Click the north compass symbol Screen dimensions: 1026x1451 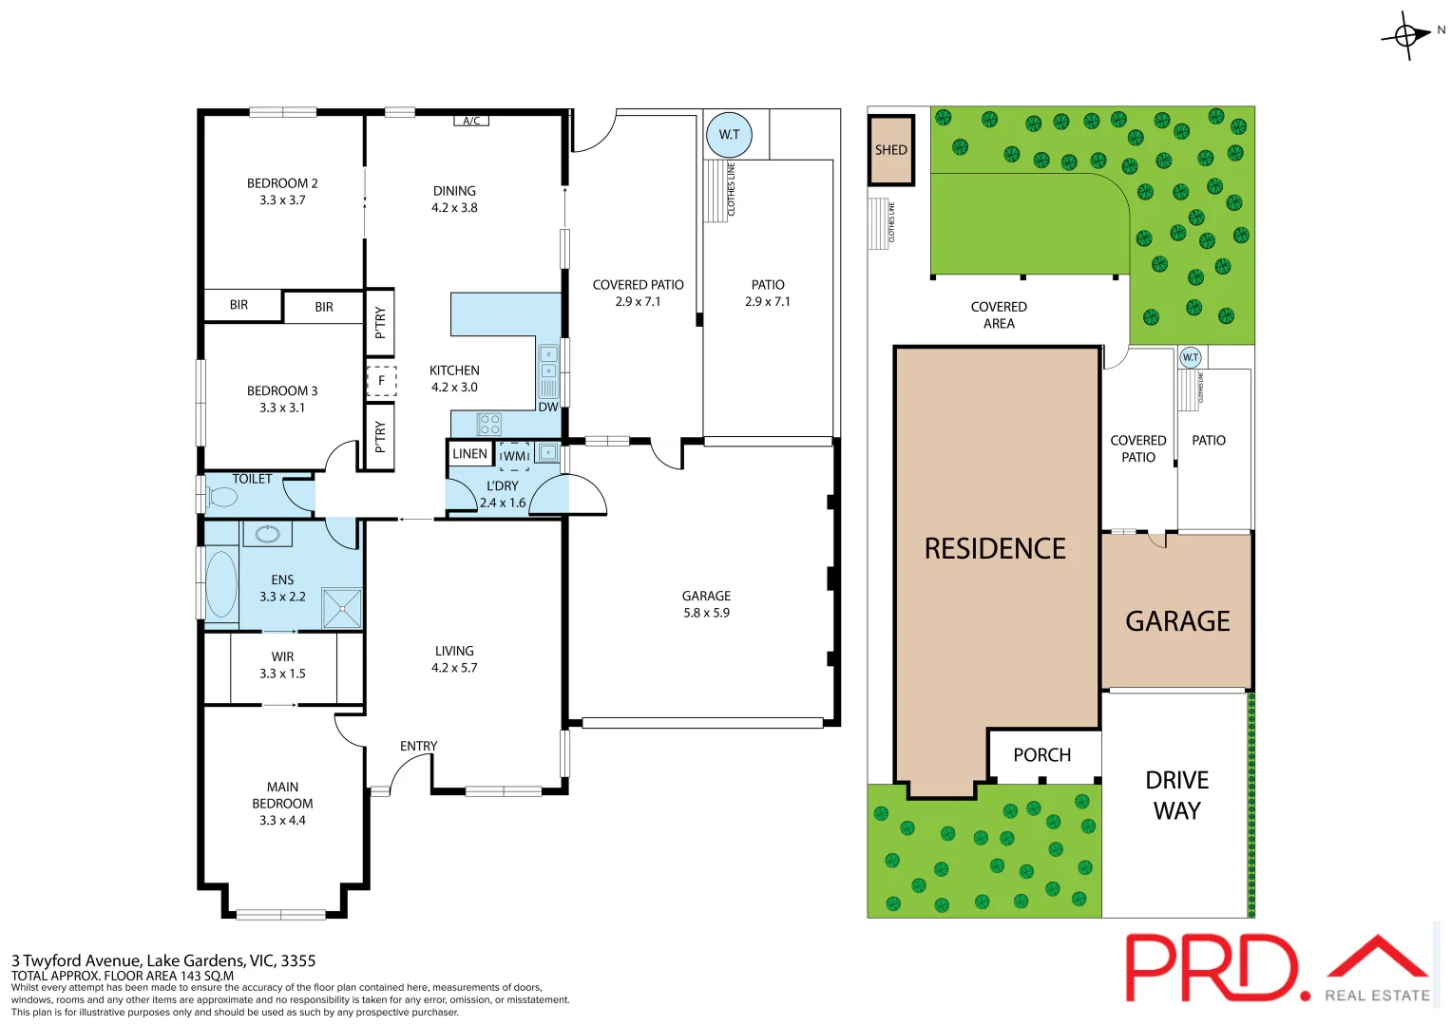pos(1407,35)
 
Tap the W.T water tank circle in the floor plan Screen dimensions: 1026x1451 pos(729,134)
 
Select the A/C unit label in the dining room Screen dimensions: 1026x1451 pos(471,121)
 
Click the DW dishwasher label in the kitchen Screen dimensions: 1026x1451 pos(548,407)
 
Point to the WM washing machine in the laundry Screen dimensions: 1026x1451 pos(514,456)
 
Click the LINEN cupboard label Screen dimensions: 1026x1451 pos(469,454)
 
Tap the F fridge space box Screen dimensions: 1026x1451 pos(381,381)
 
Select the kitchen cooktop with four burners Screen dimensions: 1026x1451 pos(488,424)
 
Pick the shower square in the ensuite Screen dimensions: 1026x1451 pos(341,609)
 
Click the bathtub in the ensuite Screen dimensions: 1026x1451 pos(221,584)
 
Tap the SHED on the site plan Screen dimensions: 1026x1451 pos(890,150)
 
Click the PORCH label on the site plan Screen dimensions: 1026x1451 pos(1041,755)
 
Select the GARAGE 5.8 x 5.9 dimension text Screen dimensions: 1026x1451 pos(706,613)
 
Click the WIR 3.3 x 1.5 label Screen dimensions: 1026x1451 pos(282,665)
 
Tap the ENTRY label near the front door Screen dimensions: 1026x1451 pos(418,746)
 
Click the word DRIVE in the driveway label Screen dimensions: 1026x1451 pos(1176,780)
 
